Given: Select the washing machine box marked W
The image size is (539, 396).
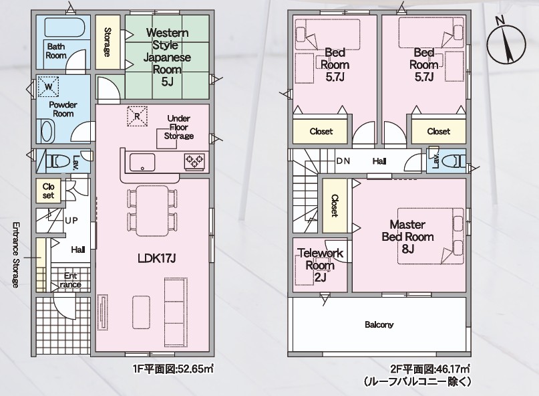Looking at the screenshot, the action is point(49,86).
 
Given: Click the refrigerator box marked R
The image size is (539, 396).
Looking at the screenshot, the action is point(137,116).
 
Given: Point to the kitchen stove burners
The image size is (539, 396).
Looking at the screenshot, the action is point(194,161).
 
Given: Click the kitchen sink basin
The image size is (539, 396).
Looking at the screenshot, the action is point(142,162).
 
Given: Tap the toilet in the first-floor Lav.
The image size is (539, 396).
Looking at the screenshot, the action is point(57,161).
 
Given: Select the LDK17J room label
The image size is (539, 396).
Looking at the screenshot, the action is point(157,258).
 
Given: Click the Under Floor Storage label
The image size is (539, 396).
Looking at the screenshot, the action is point(178,127).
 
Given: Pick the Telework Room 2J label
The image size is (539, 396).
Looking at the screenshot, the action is point(321,265).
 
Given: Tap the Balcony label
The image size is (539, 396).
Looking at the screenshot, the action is point(379,324).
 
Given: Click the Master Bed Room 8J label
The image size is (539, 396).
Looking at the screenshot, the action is point(407,237).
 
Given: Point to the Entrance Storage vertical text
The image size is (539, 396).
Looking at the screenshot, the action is point(16,255).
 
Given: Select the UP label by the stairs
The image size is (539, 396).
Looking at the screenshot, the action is point(71,220).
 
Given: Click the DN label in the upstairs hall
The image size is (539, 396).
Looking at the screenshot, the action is point(343,161).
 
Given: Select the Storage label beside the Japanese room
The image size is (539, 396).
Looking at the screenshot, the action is point(108,42).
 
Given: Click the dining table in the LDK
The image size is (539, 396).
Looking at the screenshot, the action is point(152,211).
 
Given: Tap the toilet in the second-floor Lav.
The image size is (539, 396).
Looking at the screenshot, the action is point(454,161).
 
